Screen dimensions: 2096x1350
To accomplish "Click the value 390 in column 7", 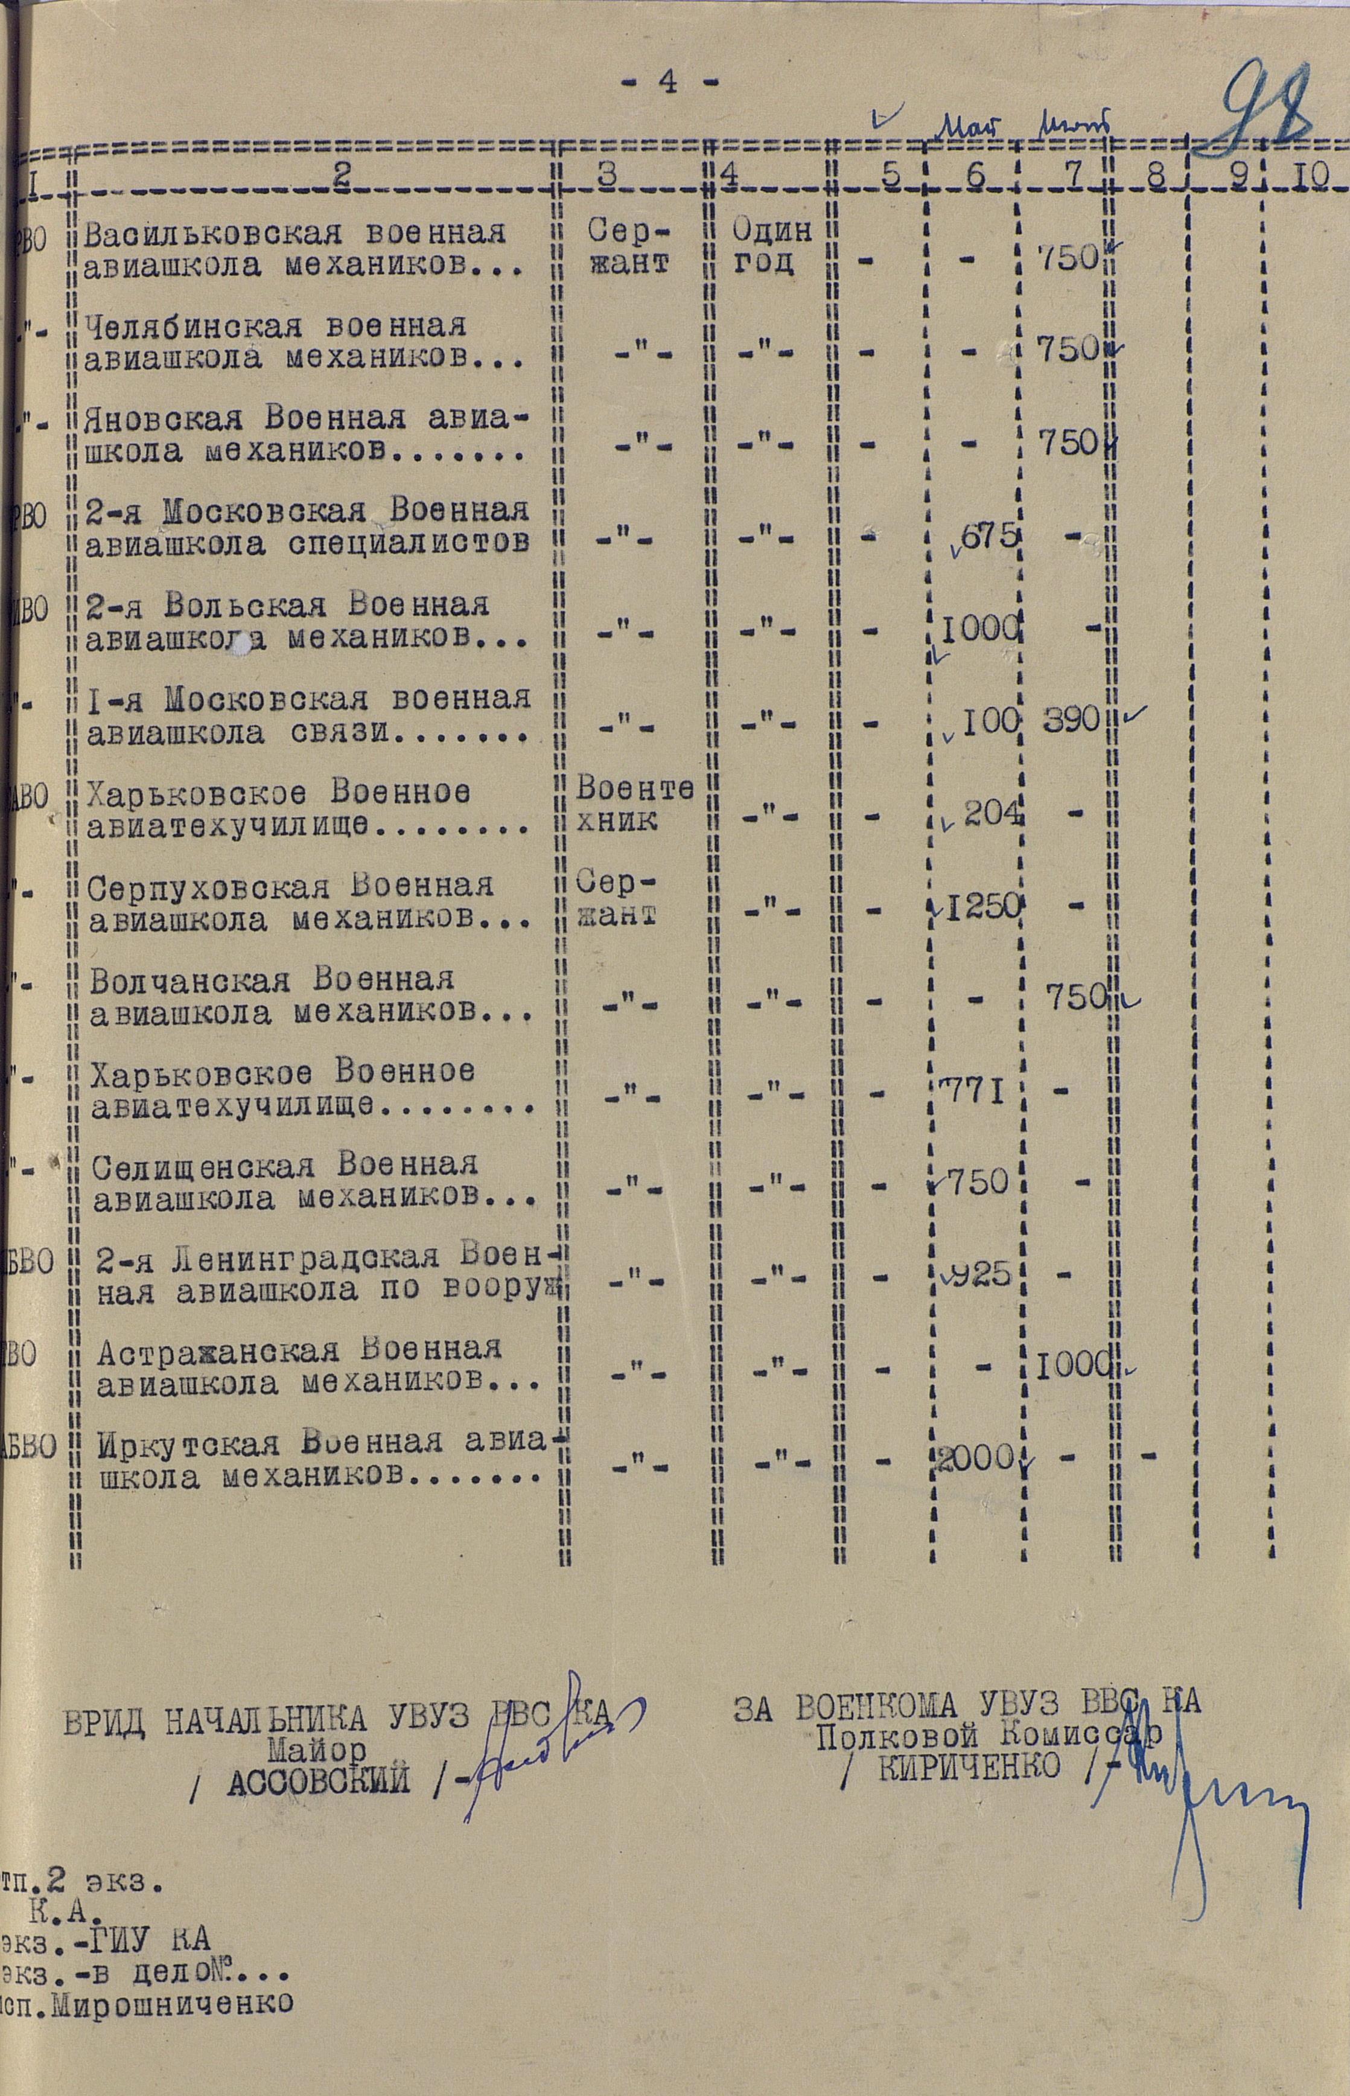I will [1071, 721].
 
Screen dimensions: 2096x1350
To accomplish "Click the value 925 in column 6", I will [980, 1275].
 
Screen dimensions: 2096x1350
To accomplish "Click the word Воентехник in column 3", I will [635, 806].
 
